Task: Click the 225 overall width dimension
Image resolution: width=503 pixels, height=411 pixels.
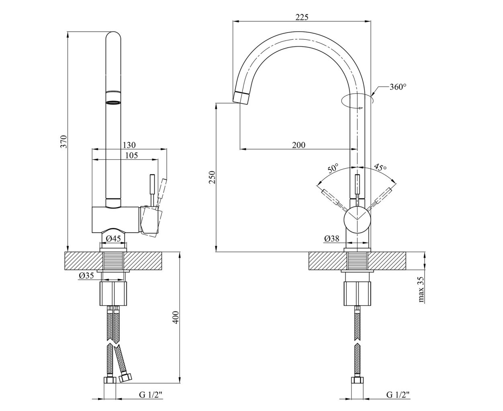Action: (x=302, y=17)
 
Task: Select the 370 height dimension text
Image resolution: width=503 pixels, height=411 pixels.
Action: (x=64, y=142)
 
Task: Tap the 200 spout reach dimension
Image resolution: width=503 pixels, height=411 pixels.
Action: (x=299, y=145)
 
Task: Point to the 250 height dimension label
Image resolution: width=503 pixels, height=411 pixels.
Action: (x=212, y=177)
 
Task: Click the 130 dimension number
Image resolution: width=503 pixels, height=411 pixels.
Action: (x=129, y=145)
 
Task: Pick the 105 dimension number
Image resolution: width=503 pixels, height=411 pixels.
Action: (x=131, y=155)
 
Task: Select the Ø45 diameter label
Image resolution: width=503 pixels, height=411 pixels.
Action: (x=113, y=238)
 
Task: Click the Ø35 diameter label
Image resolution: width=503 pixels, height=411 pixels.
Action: (x=86, y=275)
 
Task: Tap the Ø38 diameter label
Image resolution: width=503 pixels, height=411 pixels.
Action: (x=331, y=238)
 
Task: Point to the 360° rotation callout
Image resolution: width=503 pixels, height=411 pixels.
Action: (x=398, y=87)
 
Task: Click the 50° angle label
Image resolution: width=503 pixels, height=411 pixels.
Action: (x=333, y=168)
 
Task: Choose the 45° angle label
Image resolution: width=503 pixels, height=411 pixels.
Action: (x=380, y=167)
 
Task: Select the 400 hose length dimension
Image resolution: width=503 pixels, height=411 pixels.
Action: (x=176, y=317)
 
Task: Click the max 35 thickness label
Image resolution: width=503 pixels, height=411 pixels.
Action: (x=421, y=289)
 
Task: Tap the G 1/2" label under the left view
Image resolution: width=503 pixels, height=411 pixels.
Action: (x=151, y=395)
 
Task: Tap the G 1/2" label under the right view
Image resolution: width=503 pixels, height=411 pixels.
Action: (x=398, y=395)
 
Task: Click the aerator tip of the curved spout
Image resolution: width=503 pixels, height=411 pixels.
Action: (x=241, y=98)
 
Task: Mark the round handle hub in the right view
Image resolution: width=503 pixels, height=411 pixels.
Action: (x=357, y=220)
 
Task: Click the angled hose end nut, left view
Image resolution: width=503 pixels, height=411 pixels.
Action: (x=125, y=378)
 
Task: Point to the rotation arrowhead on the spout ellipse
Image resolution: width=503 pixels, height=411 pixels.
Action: (x=360, y=108)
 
